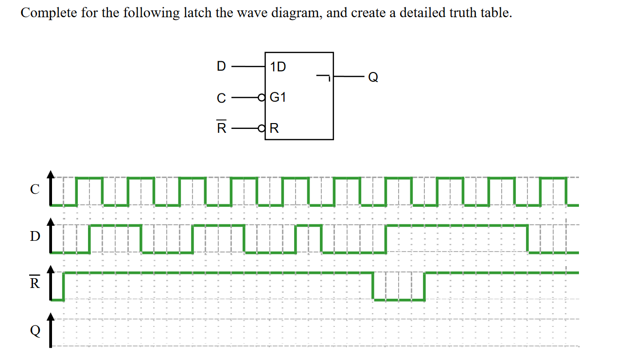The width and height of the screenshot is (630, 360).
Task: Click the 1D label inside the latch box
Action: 278,67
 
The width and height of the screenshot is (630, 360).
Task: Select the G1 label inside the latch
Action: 278,97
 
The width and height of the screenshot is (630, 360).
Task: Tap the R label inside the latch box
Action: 274,128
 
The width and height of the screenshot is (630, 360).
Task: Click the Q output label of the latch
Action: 373,77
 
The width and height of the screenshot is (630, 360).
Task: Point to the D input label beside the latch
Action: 221,66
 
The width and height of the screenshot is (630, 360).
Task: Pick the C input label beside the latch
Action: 221,98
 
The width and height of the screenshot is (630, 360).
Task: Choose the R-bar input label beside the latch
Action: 221,128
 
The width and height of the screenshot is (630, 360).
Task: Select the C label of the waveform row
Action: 35,190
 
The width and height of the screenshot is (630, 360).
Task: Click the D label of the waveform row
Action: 35,237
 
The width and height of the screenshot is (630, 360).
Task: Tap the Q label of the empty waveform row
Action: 35,331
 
